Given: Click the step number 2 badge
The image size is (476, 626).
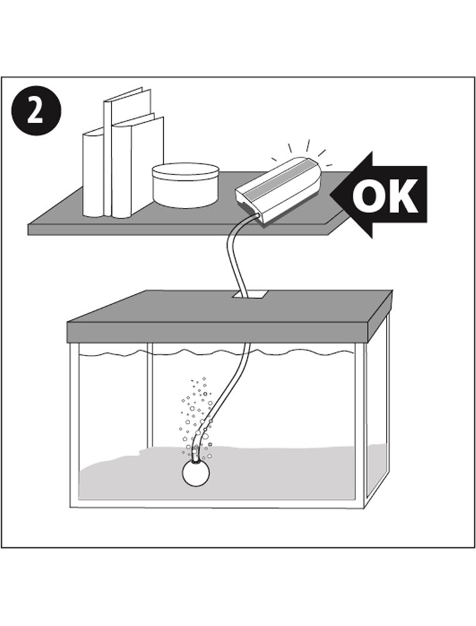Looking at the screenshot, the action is pyautogui.click(x=36, y=111).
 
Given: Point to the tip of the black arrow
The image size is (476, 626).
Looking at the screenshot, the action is pyautogui.click(x=330, y=195).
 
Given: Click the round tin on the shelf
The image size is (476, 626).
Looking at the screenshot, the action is pyautogui.click(x=186, y=185).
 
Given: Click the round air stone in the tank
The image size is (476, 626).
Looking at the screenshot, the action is pyautogui.click(x=196, y=473).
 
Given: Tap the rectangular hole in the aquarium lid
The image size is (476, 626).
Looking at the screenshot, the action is pyautogui.click(x=250, y=295).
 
